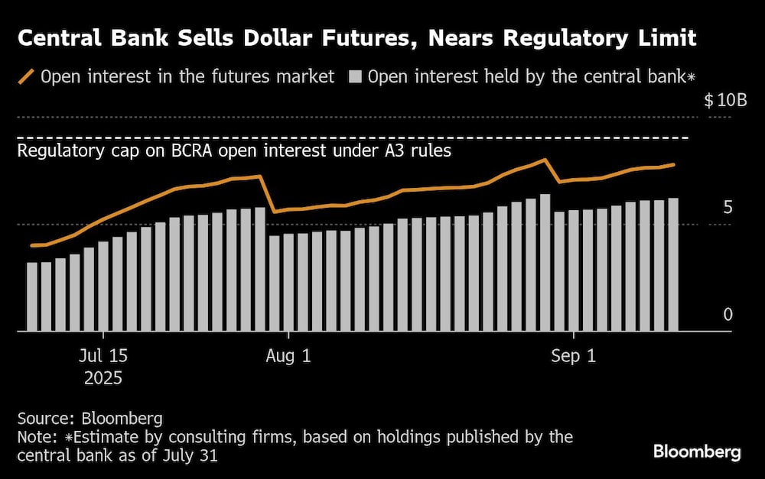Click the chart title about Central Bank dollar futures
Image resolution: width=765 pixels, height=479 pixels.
pyautogui.click(x=356, y=37)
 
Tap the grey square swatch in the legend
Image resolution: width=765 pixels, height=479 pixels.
pyautogui.click(x=355, y=76)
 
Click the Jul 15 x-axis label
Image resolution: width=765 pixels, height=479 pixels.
pyautogui.click(x=103, y=356)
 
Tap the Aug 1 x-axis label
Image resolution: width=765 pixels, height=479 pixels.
pyautogui.click(x=288, y=356)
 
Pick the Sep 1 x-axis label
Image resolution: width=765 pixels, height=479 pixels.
pyautogui.click(x=574, y=356)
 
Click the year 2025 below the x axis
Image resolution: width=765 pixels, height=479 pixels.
pyautogui.click(x=103, y=377)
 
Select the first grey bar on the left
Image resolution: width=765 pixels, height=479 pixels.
pyautogui.click(x=32, y=296)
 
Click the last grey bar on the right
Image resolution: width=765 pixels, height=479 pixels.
pyautogui.click(x=673, y=264)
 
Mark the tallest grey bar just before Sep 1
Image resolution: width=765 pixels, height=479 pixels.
pyautogui.click(x=545, y=262)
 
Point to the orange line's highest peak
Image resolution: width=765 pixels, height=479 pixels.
pyautogui.click(x=544, y=160)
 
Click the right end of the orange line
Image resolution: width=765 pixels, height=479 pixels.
pyautogui.click(x=673, y=164)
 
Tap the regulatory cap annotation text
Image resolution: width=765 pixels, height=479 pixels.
pyautogui.click(x=234, y=150)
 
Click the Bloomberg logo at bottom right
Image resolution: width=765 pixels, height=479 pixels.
pyautogui.click(x=696, y=451)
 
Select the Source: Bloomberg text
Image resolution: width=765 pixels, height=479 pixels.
pyautogui.click(x=90, y=418)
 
